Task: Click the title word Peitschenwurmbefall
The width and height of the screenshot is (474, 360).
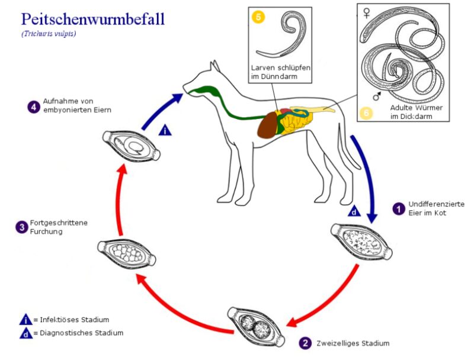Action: point(92,18)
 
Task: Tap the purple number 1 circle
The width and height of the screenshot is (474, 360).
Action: point(399,208)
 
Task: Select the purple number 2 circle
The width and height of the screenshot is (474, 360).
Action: point(305,342)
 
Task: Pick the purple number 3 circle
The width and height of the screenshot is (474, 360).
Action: point(21,226)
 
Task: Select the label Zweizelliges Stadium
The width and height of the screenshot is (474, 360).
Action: point(354,343)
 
